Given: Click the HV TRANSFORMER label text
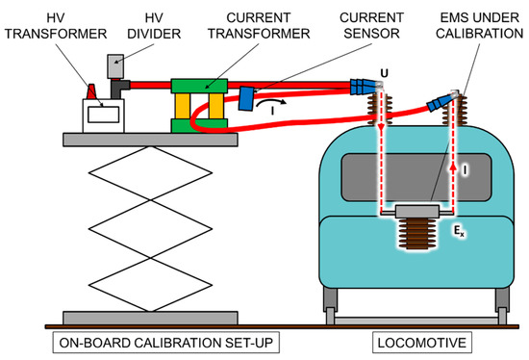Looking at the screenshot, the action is click(56, 26).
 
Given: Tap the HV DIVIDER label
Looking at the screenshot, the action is click(154, 26).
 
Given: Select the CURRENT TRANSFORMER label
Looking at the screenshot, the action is click(259, 26).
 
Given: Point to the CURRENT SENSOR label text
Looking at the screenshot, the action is click(371, 26).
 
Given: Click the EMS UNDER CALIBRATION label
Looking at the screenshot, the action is click(479, 26).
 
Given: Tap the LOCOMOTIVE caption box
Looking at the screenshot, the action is click(421, 343).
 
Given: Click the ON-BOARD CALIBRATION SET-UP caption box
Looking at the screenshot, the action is click(166, 343).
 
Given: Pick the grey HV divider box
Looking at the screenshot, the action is click(115, 66).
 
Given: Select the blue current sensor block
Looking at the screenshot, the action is click(246, 98).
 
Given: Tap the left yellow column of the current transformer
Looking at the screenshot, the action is click(183, 106).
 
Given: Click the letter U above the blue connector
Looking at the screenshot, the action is click(384, 73).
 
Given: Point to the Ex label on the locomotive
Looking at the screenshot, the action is click(459, 231).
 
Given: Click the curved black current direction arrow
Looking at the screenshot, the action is click(271, 102).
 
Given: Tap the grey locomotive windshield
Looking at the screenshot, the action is click(416, 177).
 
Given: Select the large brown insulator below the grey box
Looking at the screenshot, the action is click(417, 234).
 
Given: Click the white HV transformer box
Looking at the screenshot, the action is click(104, 116).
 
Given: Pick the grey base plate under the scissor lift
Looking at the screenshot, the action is click(150, 318).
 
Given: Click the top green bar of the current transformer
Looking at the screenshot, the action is click(199, 86).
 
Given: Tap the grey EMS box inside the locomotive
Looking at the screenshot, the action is click(417, 211).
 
